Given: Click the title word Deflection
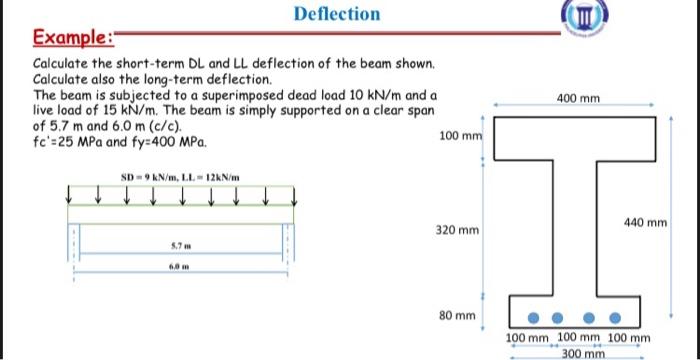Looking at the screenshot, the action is coord(337,14).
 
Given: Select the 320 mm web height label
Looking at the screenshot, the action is coord(454,230).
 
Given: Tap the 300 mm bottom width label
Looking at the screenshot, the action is coord(583,354).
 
